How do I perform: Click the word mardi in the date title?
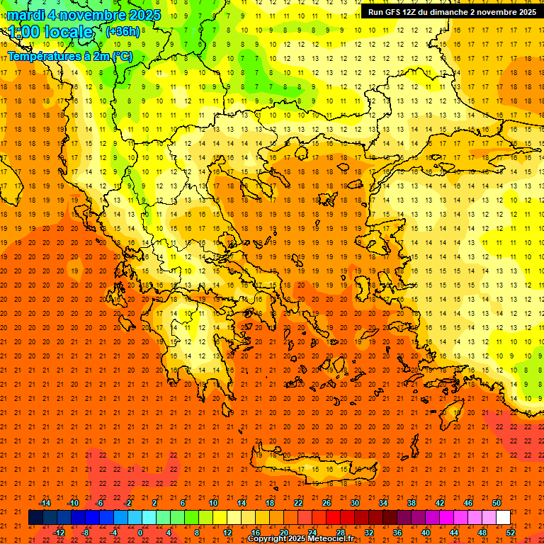[x=24, y=15]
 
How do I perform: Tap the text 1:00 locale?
[x=50, y=32]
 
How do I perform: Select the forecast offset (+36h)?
[x=123, y=32]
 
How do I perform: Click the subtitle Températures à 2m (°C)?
[x=69, y=56]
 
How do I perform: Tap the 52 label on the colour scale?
[x=511, y=533]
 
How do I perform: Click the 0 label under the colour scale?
[x=140, y=533]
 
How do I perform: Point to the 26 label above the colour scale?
[x=327, y=503]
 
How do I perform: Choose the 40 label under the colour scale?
[x=426, y=533]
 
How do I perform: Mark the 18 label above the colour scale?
[x=270, y=503]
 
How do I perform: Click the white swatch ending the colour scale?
[x=503, y=518]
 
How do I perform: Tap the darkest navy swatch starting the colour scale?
[x=35, y=518]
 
